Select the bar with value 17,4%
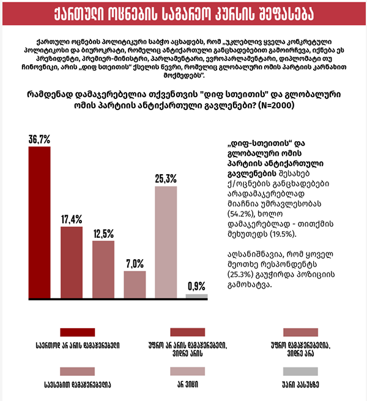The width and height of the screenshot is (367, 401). [x=72, y=262]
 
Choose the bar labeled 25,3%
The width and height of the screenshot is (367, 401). [x=166, y=242]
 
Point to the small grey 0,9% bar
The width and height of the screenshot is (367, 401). [x=197, y=296]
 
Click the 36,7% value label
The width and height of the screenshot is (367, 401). [x=40, y=139]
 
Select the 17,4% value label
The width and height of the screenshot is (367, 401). [x=72, y=218]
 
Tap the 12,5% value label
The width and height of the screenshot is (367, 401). [x=103, y=233]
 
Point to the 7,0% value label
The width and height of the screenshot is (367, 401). [x=135, y=263]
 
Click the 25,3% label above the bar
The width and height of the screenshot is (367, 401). [x=166, y=178]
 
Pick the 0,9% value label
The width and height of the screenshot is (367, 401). [x=197, y=285]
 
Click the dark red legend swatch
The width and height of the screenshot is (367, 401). [x=77, y=332]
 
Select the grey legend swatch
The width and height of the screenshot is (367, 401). [x=301, y=371]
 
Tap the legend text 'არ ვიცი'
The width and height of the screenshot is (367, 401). [x=188, y=385]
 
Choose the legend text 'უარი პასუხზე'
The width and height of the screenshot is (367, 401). [x=301, y=385]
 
